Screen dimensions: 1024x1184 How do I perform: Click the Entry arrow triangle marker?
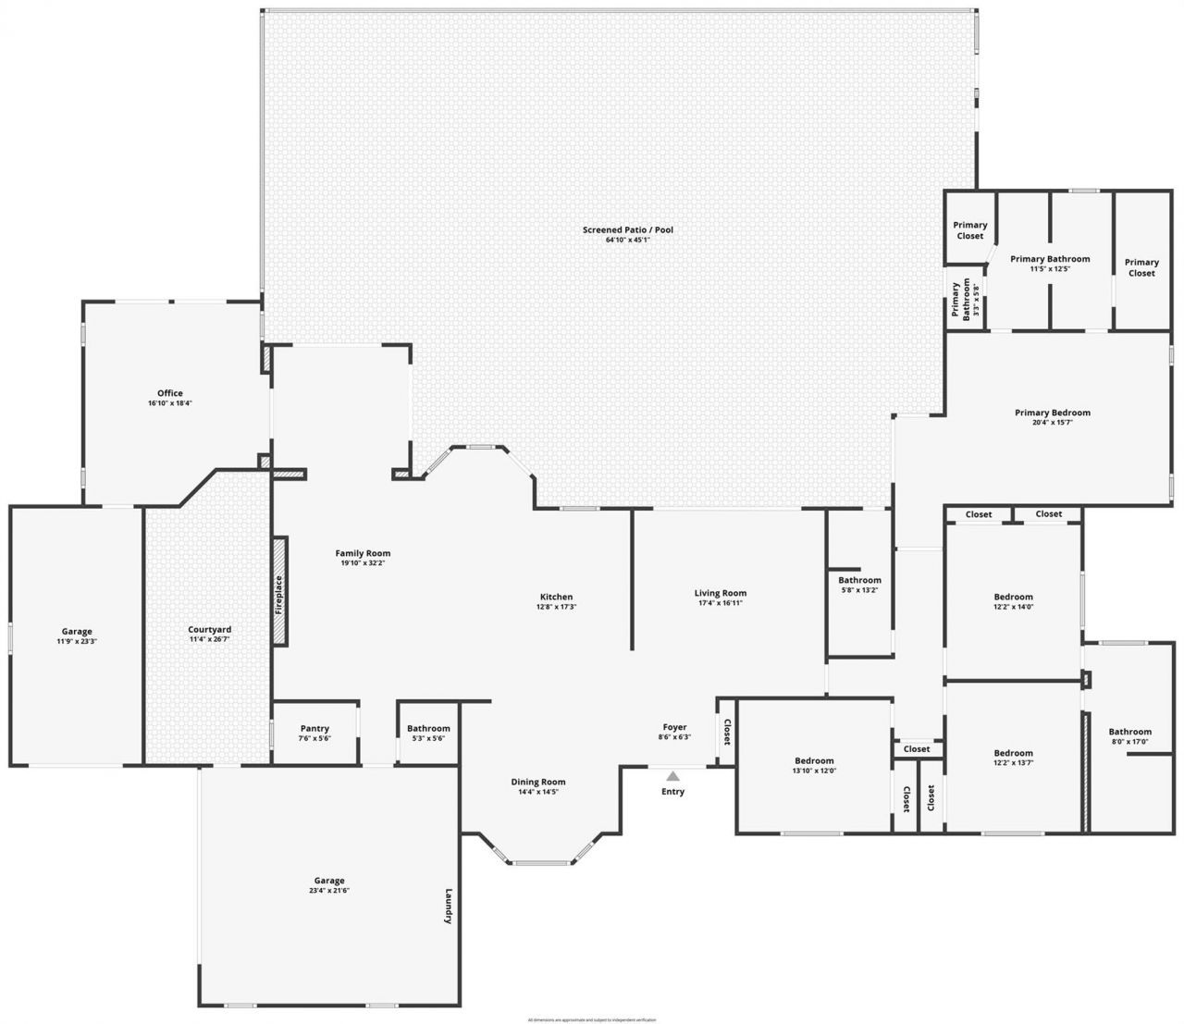(x=672, y=776)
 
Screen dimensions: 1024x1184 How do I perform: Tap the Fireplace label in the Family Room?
(x=279, y=595)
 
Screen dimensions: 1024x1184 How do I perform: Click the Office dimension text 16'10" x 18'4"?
(x=169, y=403)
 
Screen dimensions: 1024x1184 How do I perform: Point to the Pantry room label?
(x=314, y=728)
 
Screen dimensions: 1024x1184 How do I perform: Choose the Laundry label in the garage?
(x=449, y=907)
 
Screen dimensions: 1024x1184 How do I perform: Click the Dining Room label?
(x=537, y=782)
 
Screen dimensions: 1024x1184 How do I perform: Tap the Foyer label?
(x=674, y=727)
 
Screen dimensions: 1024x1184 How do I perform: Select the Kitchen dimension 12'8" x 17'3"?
(x=556, y=607)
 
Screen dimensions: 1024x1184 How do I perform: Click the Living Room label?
(x=720, y=593)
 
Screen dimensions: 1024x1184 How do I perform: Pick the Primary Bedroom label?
(x=1052, y=413)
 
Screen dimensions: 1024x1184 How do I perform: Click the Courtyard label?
(x=209, y=630)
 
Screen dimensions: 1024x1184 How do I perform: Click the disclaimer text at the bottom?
(x=591, y=1019)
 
